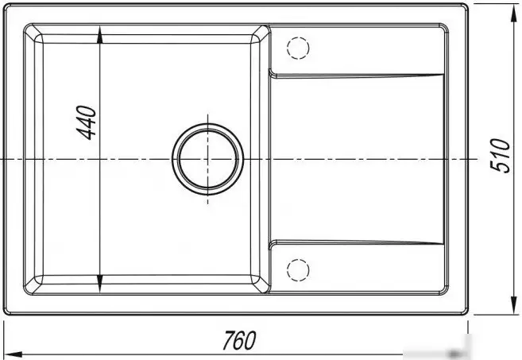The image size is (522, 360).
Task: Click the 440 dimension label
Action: pos(87,122)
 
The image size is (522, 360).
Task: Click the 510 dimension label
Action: pos(500,156)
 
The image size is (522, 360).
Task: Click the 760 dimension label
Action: pos(239,340)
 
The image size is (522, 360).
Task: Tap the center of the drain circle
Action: pos(207,159)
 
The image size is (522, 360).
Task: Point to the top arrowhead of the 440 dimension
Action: pos(99,35)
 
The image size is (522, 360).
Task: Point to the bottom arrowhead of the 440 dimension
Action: pos(99,284)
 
